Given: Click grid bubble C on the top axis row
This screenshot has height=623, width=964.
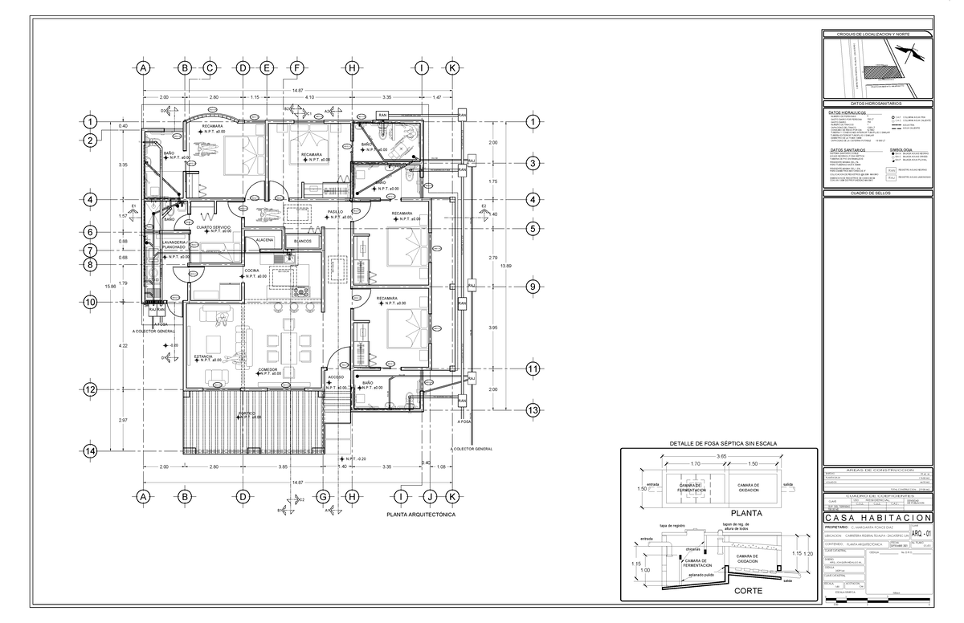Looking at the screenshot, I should (208, 68).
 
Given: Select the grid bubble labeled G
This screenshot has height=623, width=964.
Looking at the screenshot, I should (323, 497).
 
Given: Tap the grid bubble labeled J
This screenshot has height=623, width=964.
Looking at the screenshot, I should (431, 497).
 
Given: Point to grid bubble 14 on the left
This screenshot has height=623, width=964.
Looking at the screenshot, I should (91, 451).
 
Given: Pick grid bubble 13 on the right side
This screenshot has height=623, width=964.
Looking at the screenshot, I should (532, 410).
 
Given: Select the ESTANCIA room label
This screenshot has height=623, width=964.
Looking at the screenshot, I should (203, 356).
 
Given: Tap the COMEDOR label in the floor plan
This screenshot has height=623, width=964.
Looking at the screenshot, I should (268, 369).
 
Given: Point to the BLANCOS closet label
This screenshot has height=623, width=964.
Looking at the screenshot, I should (303, 240).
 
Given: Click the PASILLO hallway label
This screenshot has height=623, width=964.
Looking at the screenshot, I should (334, 213).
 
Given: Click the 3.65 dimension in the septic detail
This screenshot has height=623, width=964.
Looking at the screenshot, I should (721, 455).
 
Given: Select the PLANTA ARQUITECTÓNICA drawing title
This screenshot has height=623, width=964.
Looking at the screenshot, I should (421, 515).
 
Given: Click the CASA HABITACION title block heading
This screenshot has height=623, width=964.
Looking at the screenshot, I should (879, 518).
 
